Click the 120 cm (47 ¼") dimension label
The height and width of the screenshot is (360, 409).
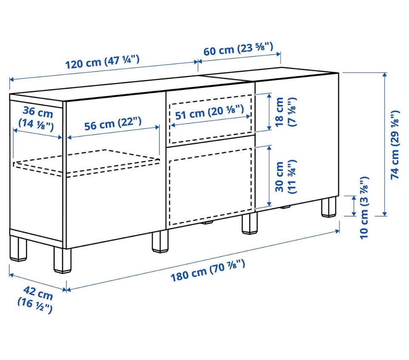click(x=102, y=62)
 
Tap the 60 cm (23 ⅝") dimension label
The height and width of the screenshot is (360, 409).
click(x=238, y=49)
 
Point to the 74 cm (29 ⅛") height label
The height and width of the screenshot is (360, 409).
click(x=395, y=145)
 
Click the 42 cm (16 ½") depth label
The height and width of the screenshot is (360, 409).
click(x=35, y=299)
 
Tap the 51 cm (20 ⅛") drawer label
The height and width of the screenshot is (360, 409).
click(x=209, y=112)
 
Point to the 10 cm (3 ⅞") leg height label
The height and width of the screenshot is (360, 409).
click(x=364, y=208)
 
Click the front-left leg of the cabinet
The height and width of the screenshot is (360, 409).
click(x=62, y=261)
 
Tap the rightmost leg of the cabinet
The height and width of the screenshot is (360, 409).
click(x=328, y=207)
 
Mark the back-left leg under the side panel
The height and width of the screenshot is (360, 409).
click(x=18, y=248)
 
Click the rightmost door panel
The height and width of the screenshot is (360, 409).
click(x=297, y=142)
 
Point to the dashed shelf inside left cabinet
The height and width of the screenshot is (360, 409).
click(x=86, y=163)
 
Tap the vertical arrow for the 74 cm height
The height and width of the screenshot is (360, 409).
click(x=384, y=144)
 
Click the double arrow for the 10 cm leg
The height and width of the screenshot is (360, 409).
click(x=354, y=206)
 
